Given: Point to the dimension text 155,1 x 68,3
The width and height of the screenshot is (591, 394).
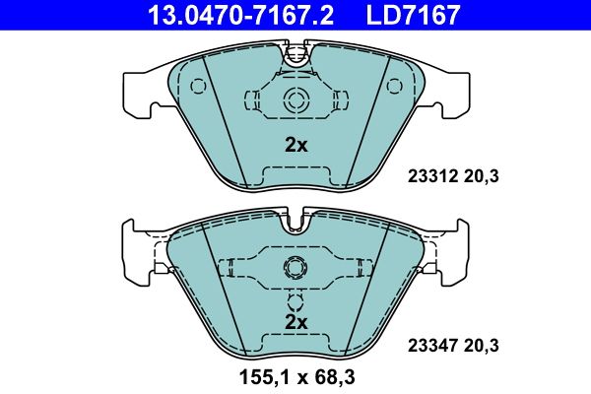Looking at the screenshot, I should (x=295, y=374).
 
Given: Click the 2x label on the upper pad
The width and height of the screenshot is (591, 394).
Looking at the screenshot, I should (x=295, y=145).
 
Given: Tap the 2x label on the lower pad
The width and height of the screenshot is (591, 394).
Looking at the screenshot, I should (x=295, y=322).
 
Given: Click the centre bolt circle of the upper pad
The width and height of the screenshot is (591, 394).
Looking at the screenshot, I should (x=295, y=99).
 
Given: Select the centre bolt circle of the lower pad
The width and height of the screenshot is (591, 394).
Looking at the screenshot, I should (x=295, y=268).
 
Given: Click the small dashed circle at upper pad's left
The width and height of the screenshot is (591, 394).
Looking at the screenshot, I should (x=198, y=86).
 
